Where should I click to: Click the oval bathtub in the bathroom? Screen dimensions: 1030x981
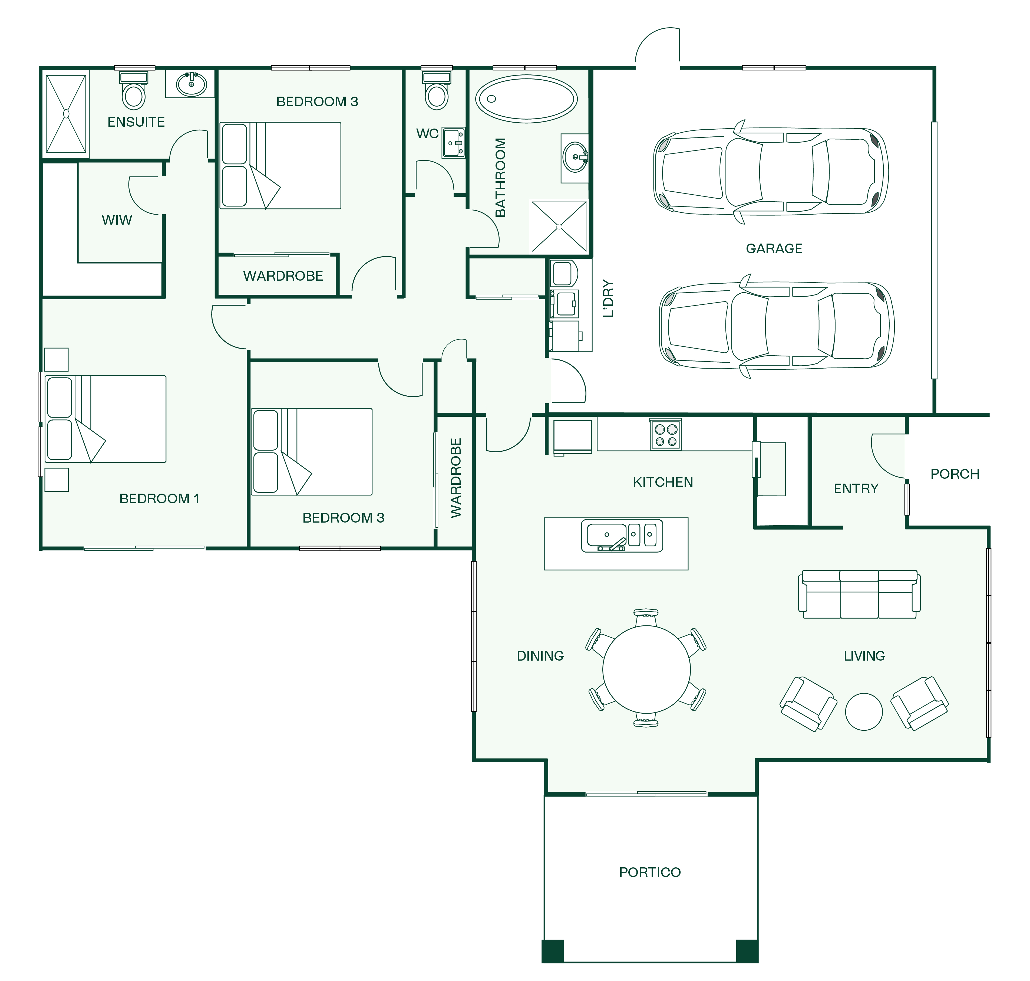click(526, 99)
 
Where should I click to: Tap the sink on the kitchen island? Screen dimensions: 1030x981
click(622, 536)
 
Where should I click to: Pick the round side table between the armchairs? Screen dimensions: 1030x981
click(864, 712)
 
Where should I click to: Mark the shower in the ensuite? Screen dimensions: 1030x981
click(66, 114)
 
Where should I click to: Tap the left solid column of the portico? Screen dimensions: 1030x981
click(553, 951)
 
